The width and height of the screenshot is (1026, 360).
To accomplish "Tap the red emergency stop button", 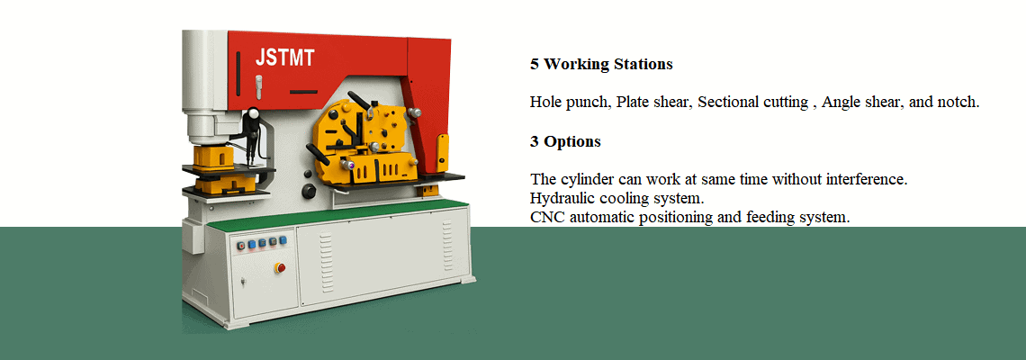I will [x=280, y=267].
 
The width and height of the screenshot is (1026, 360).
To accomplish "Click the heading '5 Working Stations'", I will [x=601, y=65].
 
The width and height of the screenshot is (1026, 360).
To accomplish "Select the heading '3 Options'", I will [x=565, y=142].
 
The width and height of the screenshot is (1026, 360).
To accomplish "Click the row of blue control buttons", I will [x=260, y=243].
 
